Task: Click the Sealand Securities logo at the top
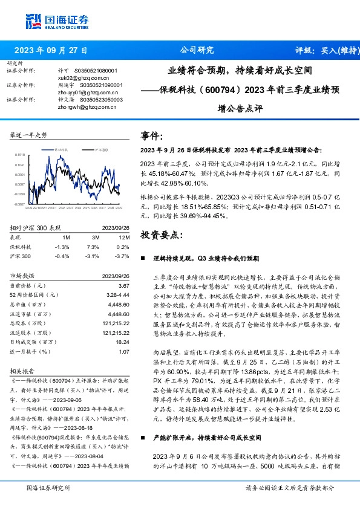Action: tap(51, 20)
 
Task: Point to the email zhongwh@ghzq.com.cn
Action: tap(80, 106)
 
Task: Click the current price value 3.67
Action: tap(124, 285)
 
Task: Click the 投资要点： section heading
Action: tap(160, 234)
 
